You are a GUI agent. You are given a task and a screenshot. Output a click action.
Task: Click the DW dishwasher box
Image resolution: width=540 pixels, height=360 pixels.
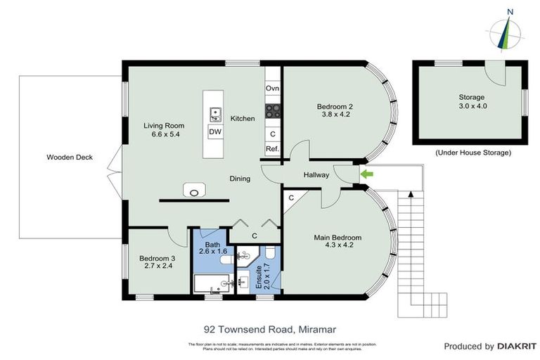pos(215,131)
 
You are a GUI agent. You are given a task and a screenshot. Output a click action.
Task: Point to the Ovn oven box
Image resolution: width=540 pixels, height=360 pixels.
pos(273,89)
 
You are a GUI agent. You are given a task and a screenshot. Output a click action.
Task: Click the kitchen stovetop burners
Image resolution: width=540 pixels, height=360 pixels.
pos(273,110)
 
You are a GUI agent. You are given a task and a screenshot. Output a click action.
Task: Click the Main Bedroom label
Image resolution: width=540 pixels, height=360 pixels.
pos(337,242)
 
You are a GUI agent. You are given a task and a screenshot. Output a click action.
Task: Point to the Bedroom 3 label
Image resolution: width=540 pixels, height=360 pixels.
pos(157,262)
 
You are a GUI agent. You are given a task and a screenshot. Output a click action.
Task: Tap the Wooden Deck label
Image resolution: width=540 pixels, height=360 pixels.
pos(70,157)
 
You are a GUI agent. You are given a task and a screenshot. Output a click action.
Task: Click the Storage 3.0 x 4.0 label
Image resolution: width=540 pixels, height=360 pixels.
pos(472,101)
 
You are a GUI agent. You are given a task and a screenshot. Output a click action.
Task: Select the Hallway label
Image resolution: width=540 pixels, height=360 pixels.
pos(316,175)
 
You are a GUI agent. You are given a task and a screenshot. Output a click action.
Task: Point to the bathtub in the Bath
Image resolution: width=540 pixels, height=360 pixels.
pos(208,285)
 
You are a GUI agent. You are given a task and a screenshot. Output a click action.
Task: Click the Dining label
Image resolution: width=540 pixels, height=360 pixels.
pos(240,179)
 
